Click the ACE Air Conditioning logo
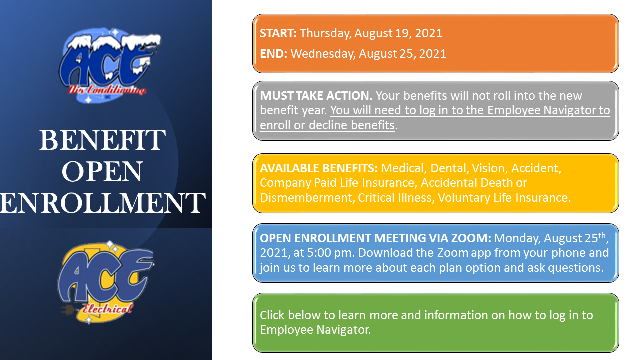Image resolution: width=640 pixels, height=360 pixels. (110, 65)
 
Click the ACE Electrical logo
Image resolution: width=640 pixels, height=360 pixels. (106, 283)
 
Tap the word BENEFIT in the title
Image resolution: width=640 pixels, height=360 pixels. (102, 140)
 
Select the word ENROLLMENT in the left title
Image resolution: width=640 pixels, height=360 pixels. (102, 203)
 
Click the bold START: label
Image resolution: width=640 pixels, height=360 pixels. (278, 33)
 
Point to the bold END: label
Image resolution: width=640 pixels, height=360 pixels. (273, 54)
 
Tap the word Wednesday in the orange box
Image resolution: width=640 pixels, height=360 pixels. (323, 54)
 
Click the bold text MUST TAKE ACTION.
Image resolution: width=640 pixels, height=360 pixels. (316, 96)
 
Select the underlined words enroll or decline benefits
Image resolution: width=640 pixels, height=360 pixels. (327, 125)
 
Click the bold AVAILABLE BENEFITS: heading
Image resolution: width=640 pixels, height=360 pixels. (319, 168)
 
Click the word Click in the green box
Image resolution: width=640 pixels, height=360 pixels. (272, 315)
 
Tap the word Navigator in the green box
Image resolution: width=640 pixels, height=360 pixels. (343, 330)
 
